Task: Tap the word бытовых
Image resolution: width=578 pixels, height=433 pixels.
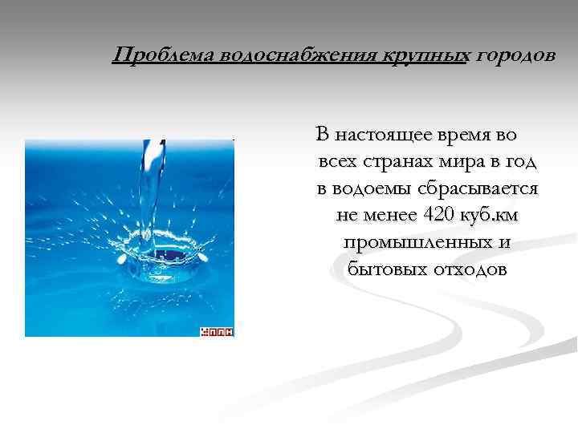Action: (x=382, y=269)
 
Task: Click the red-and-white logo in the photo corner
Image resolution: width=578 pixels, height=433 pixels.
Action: (x=216, y=330)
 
